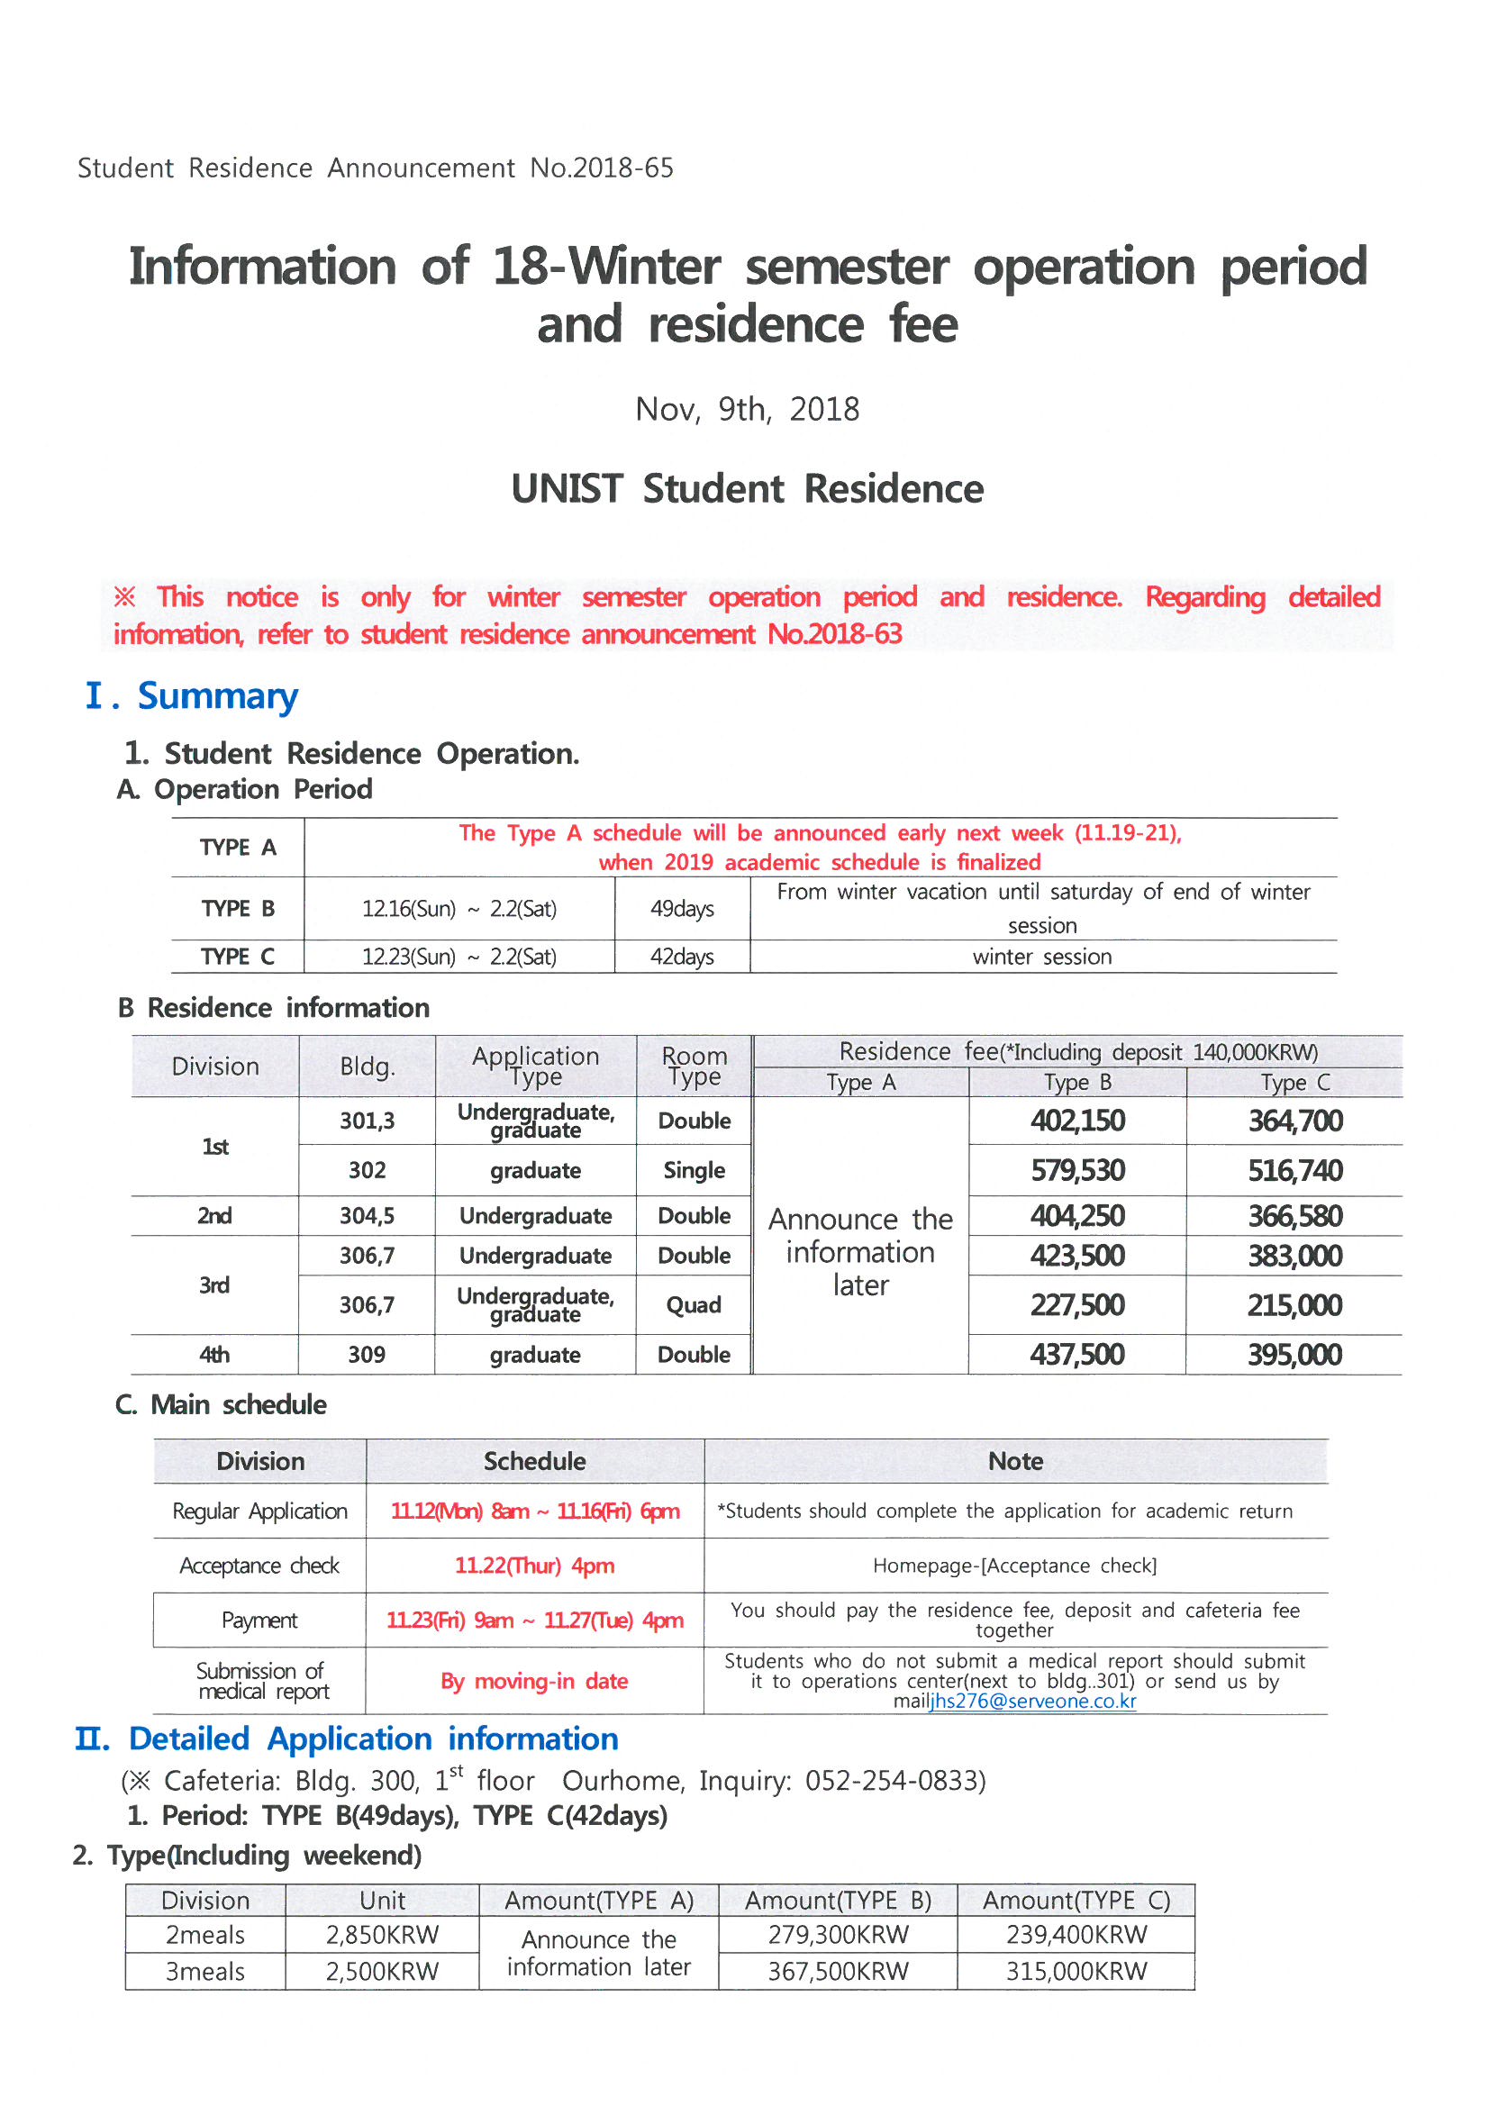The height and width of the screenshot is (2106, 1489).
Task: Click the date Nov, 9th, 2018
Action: pyautogui.click(x=747, y=409)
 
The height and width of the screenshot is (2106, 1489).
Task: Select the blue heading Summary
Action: pyautogui.click(x=217, y=696)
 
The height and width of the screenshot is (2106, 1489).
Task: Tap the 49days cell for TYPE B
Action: pyautogui.click(x=682, y=908)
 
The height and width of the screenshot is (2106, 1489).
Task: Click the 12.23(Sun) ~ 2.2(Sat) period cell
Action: pyautogui.click(x=459, y=957)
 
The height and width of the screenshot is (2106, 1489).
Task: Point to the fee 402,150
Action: pyautogui.click(x=1077, y=1121)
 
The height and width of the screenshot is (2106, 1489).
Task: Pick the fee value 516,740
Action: pyautogui.click(x=1294, y=1170)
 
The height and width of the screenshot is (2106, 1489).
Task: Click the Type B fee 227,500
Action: pyautogui.click(x=1077, y=1304)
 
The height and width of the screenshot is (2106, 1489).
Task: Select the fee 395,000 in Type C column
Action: pyautogui.click(x=1294, y=1355)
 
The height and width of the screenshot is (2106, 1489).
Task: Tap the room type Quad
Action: pyautogui.click(x=694, y=1304)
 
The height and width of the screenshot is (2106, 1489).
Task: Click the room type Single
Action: pyautogui.click(x=694, y=1170)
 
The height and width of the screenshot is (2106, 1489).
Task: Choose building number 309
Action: pyautogui.click(x=366, y=1355)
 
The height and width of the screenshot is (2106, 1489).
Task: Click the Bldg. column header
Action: pyautogui.click(x=367, y=1066)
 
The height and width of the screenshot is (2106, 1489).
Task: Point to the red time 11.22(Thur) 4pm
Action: pyautogui.click(x=535, y=1566)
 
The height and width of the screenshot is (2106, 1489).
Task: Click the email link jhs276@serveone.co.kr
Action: pyautogui.click(x=1032, y=1702)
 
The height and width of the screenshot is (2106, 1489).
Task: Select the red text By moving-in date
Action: pyautogui.click(x=535, y=1682)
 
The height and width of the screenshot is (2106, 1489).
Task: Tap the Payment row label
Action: pyautogui.click(x=259, y=1620)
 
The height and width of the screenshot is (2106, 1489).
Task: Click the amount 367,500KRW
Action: pyautogui.click(x=838, y=1971)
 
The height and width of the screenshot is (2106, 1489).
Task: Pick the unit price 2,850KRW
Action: pyautogui.click(x=382, y=1935)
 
